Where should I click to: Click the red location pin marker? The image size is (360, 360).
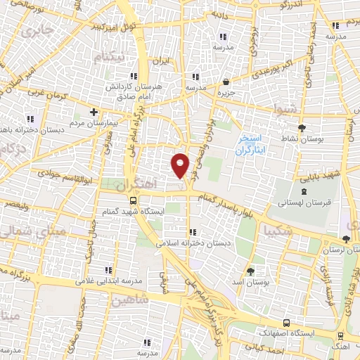pyautogui.click(x=181, y=165)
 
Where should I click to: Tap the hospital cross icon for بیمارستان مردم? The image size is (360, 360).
pyautogui.click(x=94, y=111)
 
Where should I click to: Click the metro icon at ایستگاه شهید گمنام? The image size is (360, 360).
pyautogui.click(x=134, y=200)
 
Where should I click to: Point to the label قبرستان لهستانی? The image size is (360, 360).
pyautogui.click(x=310, y=202)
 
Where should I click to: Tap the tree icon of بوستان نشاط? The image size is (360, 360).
pyautogui.click(x=302, y=127)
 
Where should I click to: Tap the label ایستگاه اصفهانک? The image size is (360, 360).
pyautogui.click(x=298, y=329)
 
